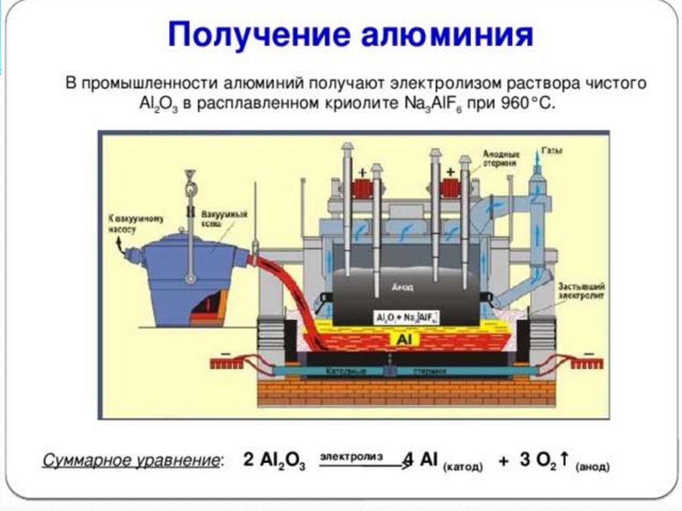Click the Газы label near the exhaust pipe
click(552, 151)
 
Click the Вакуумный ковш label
click(233, 219)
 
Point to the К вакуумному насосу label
click(122, 223)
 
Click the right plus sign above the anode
click(451, 172)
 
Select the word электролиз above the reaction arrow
click(351, 456)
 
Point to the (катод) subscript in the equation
click(462, 467)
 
